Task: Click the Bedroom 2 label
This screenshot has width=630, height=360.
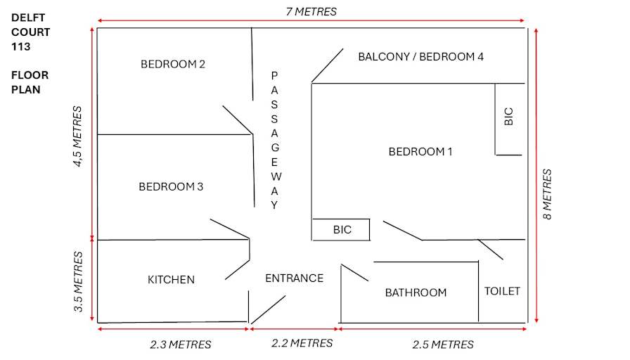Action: [173, 64]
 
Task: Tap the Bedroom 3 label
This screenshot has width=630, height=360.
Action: [171, 187]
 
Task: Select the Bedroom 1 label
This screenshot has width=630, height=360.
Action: [420, 152]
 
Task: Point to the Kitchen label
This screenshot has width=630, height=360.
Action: [171, 280]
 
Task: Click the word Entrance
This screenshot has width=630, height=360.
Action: [294, 278]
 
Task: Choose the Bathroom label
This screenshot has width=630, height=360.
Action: [416, 292]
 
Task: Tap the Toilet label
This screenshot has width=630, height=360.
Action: [502, 291]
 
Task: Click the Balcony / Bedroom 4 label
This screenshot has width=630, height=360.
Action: [420, 57]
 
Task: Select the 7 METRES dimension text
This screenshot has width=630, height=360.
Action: [311, 12]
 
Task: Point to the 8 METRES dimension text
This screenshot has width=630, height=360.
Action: [547, 194]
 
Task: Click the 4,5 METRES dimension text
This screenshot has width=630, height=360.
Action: [77, 136]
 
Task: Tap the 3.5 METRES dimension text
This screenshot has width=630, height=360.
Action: [78, 282]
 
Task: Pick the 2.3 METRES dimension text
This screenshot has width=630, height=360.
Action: [181, 345]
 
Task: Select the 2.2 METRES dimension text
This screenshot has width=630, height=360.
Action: [302, 343]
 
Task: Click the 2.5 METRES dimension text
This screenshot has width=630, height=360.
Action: [443, 345]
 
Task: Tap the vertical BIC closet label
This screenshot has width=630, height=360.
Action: [508, 117]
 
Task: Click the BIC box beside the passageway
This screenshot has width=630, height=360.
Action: [341, 230]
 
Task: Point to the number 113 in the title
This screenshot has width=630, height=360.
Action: [21, 46]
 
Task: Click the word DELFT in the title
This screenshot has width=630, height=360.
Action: [28, 18]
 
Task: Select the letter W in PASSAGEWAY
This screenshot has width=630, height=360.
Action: [276, 176]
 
